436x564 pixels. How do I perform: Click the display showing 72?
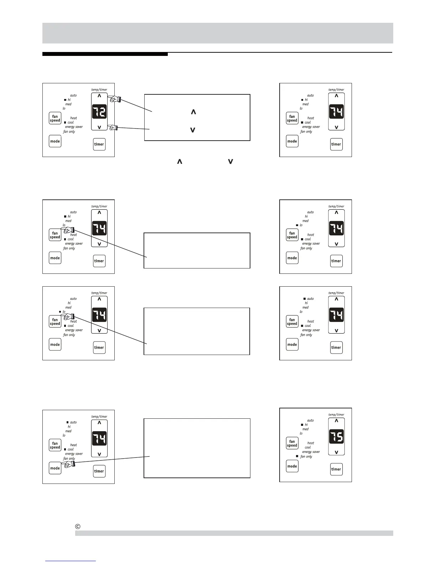(99, 112)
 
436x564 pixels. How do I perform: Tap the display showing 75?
(336, 437)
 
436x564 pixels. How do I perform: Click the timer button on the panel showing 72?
(99, 144)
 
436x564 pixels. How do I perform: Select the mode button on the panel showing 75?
(292, 466)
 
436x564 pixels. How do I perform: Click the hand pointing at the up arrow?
(115, 99)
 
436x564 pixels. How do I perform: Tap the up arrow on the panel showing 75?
(336, 421)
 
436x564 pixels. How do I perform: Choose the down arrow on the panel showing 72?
(99, 127)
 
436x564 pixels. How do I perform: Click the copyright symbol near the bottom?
(77, 526)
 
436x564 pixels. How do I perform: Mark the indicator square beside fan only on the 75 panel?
(297, 456)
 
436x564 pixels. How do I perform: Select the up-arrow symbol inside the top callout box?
(193, 112)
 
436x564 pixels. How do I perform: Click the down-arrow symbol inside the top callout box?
(193, 130)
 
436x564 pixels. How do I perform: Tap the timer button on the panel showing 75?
(336, 469)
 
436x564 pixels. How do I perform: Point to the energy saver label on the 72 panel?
(74, 127)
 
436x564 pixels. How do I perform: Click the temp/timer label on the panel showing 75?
(336, 414)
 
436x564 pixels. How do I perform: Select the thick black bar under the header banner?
(105, 54)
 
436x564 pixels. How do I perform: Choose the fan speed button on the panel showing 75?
(292, 443)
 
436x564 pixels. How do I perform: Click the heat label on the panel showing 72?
(73, 118)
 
